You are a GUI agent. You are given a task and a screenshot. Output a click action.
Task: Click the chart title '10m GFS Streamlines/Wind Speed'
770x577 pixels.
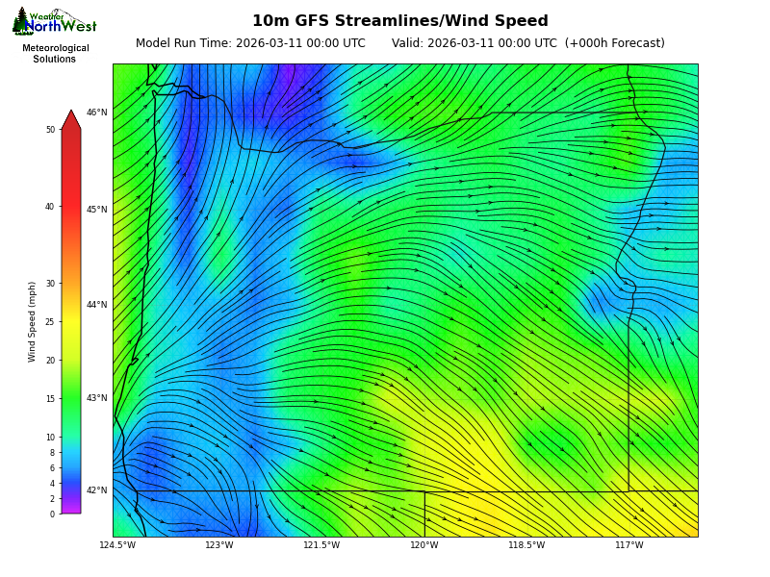(399, 21)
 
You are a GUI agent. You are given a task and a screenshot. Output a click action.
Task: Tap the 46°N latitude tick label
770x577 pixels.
(97, 113)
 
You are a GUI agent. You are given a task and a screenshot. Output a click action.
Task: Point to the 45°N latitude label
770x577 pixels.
(97, 210)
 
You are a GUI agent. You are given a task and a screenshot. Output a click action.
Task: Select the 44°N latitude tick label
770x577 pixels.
(97, 305)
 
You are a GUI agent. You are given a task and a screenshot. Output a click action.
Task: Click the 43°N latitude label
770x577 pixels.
(97, 398)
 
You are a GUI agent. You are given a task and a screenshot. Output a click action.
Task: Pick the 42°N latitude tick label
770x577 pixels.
(97, 490)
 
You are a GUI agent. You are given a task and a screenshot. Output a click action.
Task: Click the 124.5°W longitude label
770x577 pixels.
(117, 546)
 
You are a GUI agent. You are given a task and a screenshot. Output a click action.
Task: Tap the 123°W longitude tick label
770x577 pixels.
(219, 546)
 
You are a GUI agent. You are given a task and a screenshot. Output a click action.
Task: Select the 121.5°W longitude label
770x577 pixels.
(321, 546)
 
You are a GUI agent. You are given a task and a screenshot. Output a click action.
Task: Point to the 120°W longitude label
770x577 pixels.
(424, 546)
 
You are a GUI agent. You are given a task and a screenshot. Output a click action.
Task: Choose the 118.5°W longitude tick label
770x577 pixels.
(526, 546)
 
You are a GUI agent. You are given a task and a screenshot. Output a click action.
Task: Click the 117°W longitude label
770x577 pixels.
(629, 546)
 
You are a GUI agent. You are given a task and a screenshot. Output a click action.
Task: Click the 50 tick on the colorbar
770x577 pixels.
(50, 130)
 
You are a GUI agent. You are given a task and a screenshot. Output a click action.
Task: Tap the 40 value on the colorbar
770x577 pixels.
(50, 207)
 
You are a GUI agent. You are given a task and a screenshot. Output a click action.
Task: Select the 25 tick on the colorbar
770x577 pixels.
(50, 322)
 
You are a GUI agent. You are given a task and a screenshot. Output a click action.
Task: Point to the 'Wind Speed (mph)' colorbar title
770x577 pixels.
(32, 321)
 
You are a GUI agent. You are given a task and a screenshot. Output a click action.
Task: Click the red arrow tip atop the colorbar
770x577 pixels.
(71, 117)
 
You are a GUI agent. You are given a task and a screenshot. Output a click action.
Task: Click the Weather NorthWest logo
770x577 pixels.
(54, 22)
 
